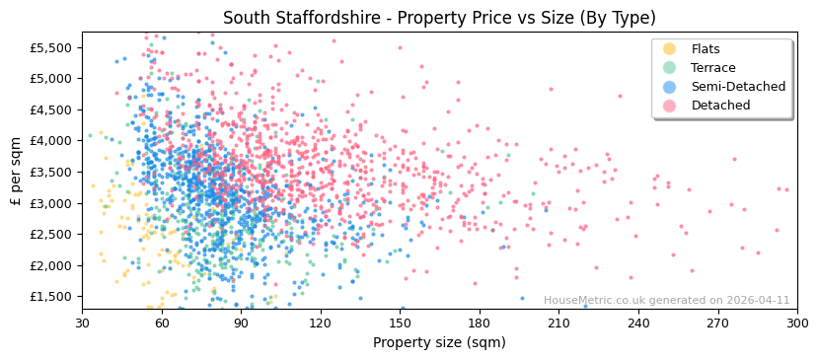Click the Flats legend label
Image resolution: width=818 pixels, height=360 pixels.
[706, 49]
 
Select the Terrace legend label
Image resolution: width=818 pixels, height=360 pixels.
[712, 68]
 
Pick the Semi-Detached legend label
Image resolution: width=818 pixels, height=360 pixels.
[738, 87]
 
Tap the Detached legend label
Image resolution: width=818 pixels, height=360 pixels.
[720, 106]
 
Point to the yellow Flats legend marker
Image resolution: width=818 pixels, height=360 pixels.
[670, 49]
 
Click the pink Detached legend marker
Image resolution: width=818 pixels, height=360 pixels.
[670, 106]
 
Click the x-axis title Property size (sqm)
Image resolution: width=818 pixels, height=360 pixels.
[439, 342]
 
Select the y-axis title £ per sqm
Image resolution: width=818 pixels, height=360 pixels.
[16, 171]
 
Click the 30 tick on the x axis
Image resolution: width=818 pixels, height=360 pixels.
[82, 322]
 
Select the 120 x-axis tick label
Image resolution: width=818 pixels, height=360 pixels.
[321, 322]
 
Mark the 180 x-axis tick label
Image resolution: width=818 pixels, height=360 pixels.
[480, 322]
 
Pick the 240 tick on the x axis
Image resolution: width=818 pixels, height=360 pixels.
[638, 322]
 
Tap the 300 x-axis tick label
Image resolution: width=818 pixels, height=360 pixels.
[796, 322]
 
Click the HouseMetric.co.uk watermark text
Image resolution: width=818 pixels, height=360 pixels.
[666, 300]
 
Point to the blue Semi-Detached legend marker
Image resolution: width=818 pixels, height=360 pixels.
[670, 87]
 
